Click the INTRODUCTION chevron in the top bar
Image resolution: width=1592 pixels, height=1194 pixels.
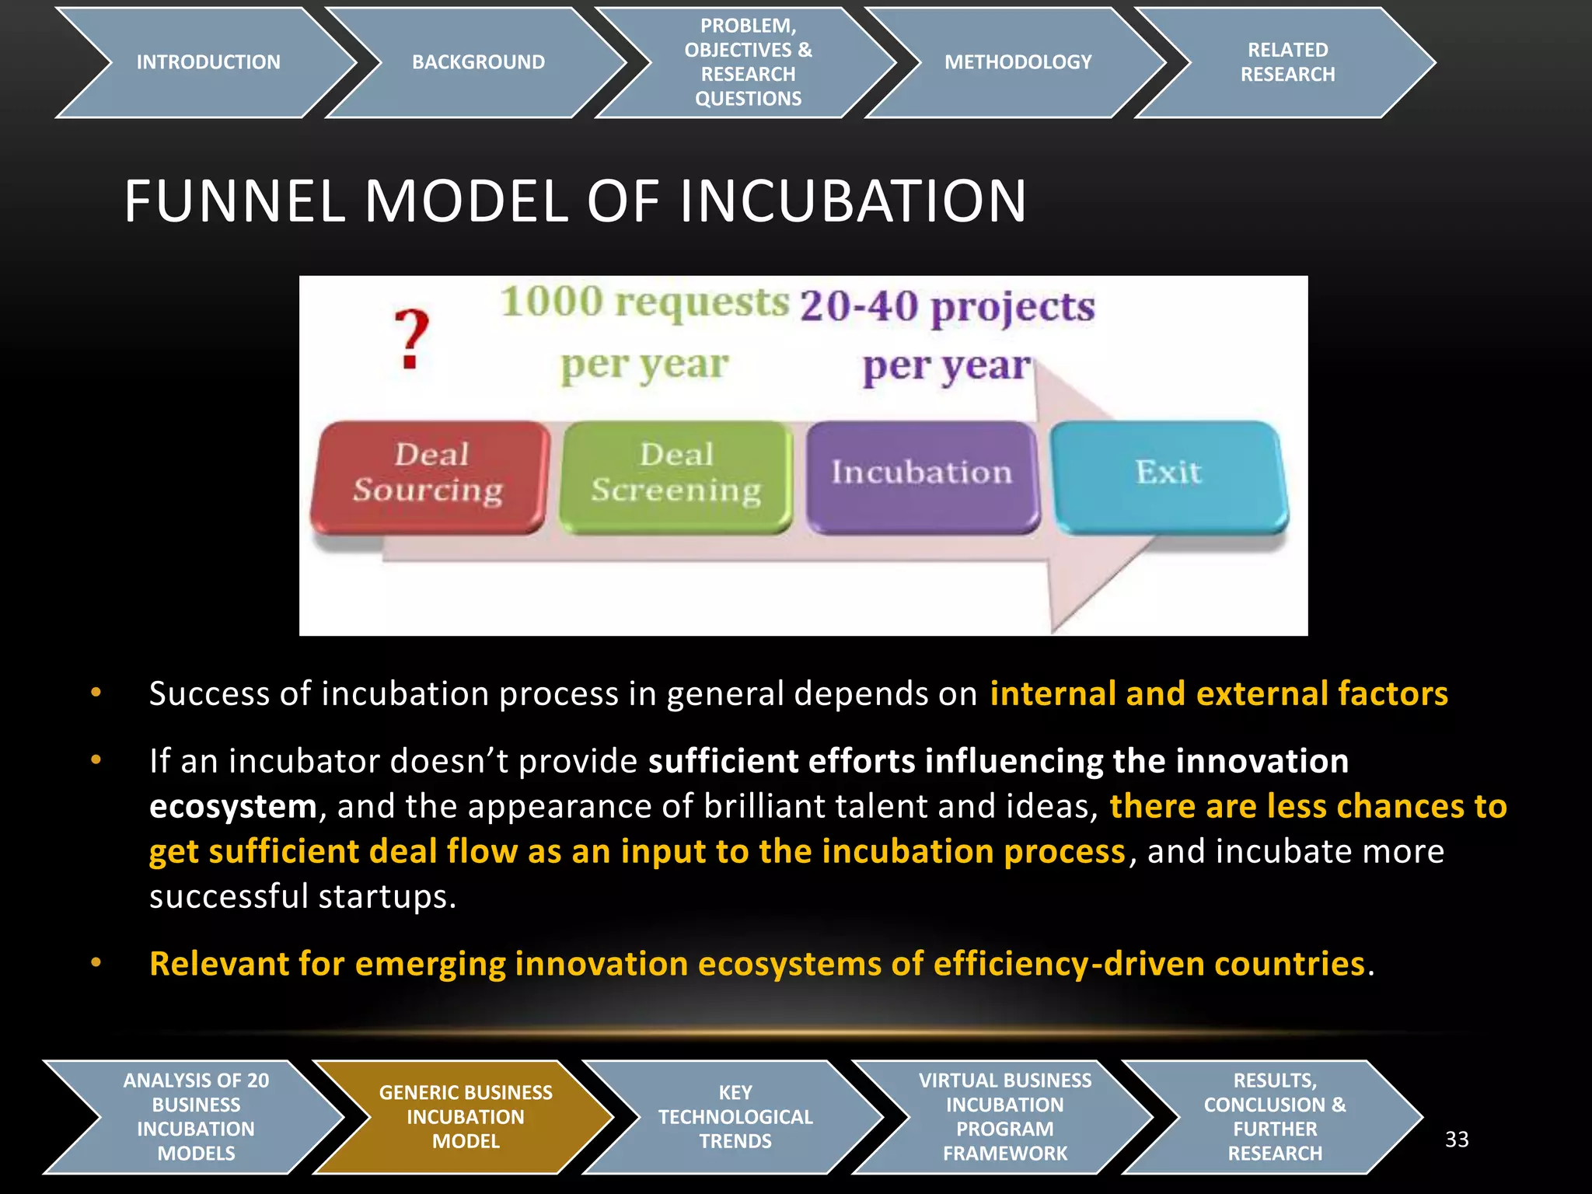point(208,62)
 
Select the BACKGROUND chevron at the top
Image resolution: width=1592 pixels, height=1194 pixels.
point(478,62)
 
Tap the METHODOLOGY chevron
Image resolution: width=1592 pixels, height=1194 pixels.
point(1018,62)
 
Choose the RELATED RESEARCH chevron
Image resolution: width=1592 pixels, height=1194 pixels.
point(1287,62)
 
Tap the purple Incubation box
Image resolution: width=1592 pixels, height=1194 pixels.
point(922,473)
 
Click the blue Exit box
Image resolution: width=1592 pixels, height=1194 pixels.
point(1168,473)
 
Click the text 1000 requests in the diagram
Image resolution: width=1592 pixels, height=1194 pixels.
point(644,303)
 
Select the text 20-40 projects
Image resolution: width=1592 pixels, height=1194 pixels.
point(947,307)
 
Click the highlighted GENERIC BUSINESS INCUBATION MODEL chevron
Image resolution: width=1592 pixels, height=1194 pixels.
point(465,1117)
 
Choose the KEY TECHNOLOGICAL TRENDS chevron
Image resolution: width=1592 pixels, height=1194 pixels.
point(735,1117)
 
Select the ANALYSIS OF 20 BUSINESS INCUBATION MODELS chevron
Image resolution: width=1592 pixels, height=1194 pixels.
point(196,1117)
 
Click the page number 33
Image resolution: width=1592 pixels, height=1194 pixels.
point(1457,1140)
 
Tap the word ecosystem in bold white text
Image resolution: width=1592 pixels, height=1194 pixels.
point(232,807)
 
